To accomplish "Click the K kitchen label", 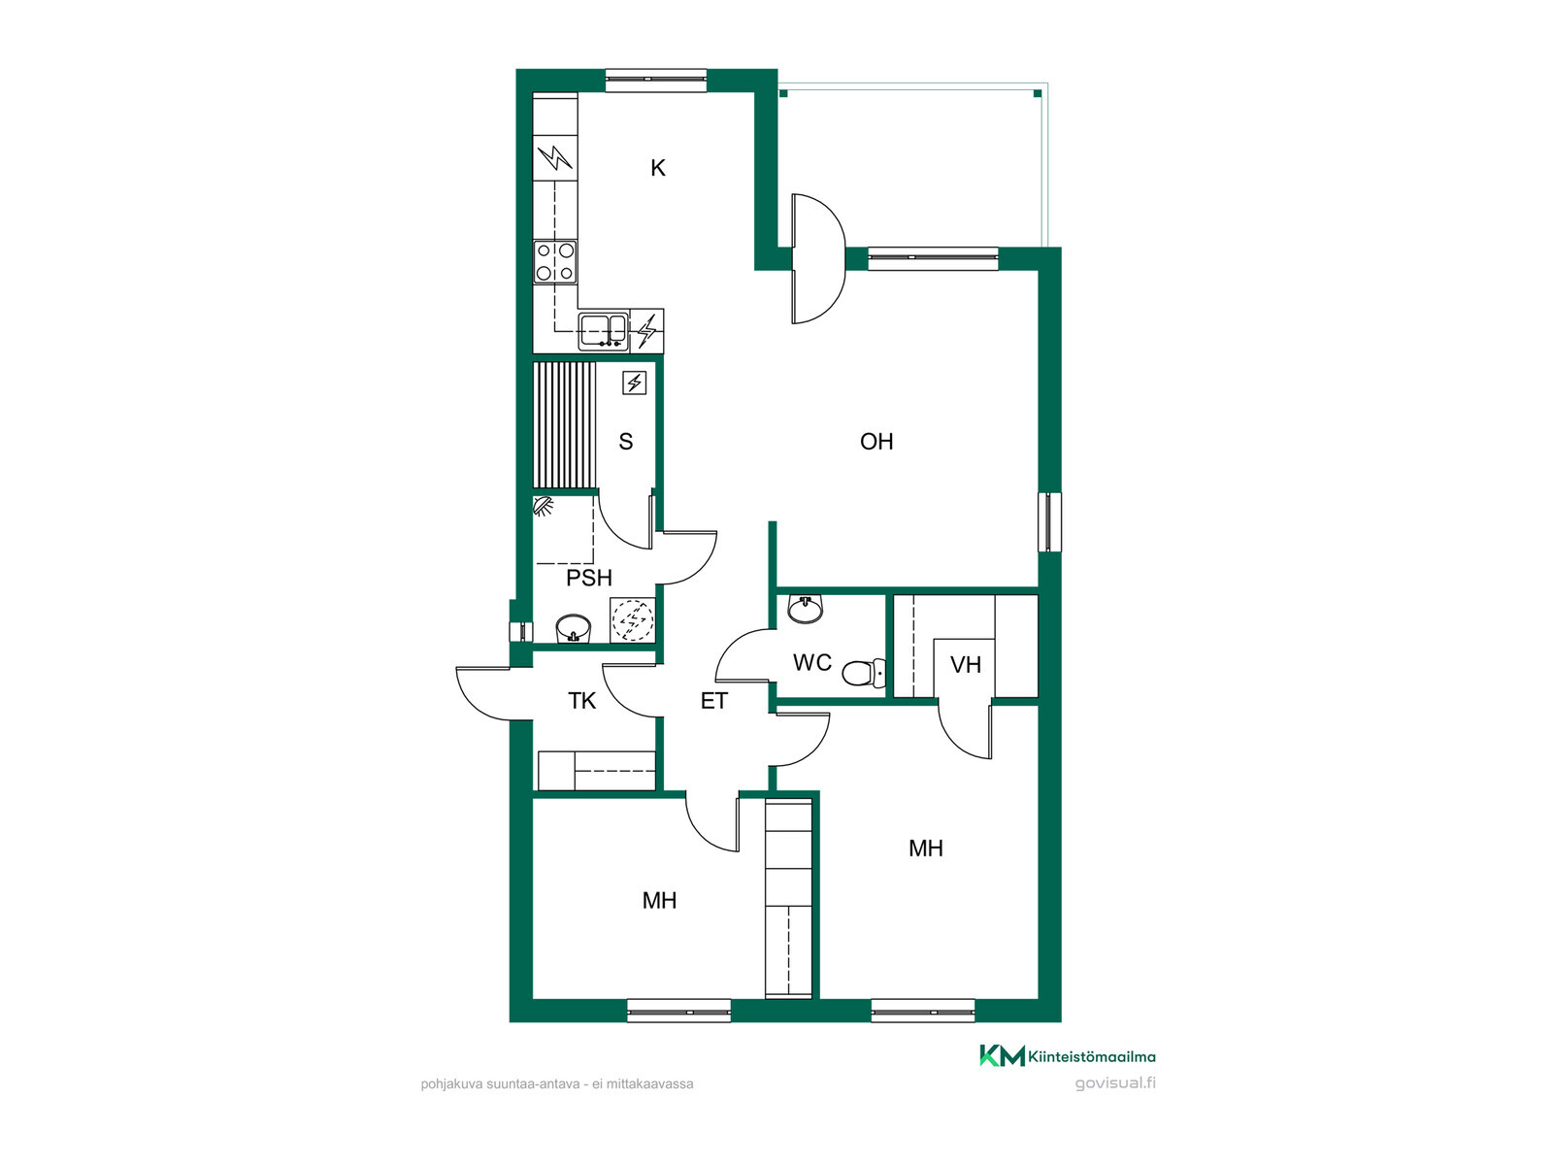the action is [657, 168].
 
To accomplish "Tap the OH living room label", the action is [876, 442].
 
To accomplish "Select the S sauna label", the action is [625, 442].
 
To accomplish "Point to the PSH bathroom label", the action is [588, 578].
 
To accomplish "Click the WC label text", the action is [811, 663].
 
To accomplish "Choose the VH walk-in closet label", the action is [965, 665].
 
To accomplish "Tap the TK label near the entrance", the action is [581, 701].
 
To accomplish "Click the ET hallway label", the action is [713, 701].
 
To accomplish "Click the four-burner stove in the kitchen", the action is [554, 261].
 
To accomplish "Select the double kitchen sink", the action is [603, 331].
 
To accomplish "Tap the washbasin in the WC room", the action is [806, 609].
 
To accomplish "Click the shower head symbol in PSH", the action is [543, 507].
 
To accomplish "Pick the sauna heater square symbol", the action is [634, 383].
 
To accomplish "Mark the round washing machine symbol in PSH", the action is [633, 620].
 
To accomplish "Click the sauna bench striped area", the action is [565, 425].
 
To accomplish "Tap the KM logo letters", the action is [1002, 1055].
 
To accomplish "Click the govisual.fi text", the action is [1115, 1083].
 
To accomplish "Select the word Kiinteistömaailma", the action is [1092, 1057].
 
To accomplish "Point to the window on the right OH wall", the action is [1050, 522].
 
